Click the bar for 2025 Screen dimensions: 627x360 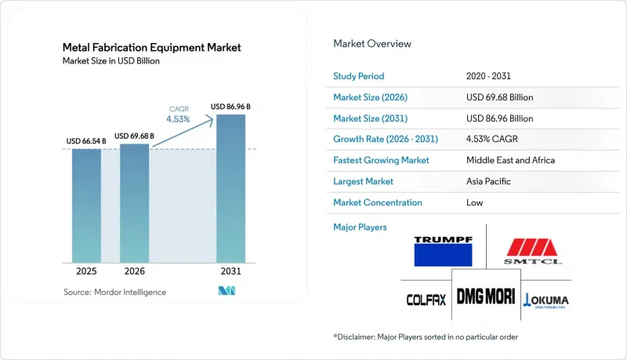[86, 205]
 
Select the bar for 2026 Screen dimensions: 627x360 [134, 203]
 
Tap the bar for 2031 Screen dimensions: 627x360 [230, 188]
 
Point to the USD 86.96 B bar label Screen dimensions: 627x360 [230, 107]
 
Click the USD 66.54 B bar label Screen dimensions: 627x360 [86, 141]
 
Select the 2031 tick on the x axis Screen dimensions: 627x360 [230, 271]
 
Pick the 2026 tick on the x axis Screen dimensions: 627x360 [134, 271]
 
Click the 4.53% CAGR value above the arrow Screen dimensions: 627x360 [179, 119]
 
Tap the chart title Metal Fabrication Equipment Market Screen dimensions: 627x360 [151, 48]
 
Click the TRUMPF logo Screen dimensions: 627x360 [443, 251]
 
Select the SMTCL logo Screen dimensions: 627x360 [532, 252]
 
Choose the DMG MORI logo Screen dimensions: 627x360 [486, 296]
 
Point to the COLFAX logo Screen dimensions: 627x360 [426, 300]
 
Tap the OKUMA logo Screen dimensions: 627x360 [545, 300]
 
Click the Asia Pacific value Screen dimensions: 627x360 [488, 181]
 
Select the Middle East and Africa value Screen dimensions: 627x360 [510, 160]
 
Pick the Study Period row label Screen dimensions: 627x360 [359, 76]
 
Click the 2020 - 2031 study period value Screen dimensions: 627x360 [488, 76]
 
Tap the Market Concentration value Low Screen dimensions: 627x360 [474, 202]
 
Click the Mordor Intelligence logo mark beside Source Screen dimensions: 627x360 [227, 291]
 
